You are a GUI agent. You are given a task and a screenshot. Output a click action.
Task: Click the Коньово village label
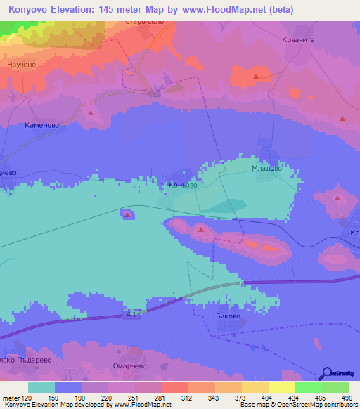point(182,186)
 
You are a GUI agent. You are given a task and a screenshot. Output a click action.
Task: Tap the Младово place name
point(267,169)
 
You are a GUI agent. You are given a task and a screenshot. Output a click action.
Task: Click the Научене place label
point(22,65)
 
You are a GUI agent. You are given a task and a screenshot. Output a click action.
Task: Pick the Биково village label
point(226,317)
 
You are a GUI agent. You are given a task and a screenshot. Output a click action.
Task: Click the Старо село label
point(145,22)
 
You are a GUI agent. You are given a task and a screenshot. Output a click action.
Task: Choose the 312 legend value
point(188,398)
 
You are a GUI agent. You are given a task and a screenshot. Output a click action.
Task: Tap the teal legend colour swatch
point(41,387)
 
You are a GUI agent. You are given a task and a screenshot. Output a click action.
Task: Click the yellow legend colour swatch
point(281,387)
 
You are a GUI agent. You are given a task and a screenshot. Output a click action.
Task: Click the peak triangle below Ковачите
point(257,76)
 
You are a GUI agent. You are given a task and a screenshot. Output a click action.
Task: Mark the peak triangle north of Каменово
point(91,112)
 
